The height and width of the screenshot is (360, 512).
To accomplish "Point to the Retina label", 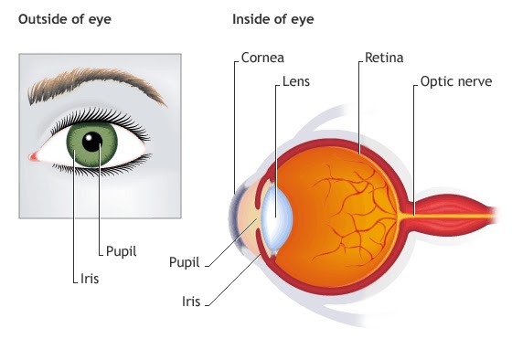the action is click(x=383, y=57).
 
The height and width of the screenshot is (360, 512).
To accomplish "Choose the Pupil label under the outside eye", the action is click(x=121, y=250).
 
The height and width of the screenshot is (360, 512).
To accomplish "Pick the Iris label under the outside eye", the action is click(x=88, y=275).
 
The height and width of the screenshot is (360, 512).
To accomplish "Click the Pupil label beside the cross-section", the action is click(x=185, y=261).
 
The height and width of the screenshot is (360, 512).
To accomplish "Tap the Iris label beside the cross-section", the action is click(x=192, y=298).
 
